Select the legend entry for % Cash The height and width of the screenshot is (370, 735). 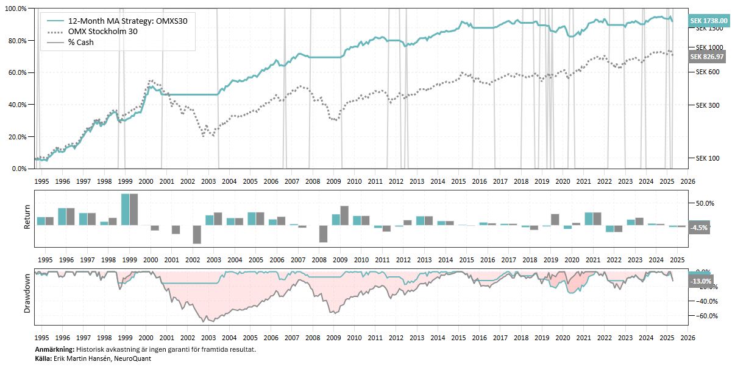point(81,42)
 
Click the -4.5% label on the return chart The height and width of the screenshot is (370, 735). point(699,228)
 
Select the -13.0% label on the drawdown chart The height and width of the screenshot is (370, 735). point(700,282)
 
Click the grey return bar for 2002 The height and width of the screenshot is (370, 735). point(197,234)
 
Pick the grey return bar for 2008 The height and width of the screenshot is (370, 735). point(323,234)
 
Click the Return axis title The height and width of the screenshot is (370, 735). point(27,218)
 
